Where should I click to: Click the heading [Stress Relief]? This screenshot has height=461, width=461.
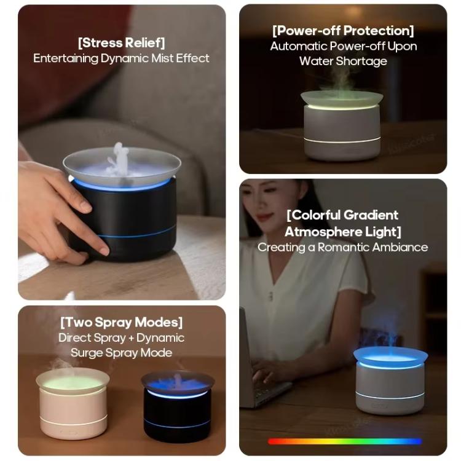[121, 42]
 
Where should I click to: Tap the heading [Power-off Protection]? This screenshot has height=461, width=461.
[343, 30]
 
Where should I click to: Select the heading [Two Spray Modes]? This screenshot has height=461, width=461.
[121, 322]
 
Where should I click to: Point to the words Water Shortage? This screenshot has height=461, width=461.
[343, 61]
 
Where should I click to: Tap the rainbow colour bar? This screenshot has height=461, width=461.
[344, 441]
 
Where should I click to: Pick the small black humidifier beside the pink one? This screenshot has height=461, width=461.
[177, 406]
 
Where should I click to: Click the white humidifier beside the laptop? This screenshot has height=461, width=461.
[390, 384]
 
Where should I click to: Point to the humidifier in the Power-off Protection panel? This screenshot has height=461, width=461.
[342, 125]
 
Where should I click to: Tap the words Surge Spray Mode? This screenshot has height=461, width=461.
[121, 353]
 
